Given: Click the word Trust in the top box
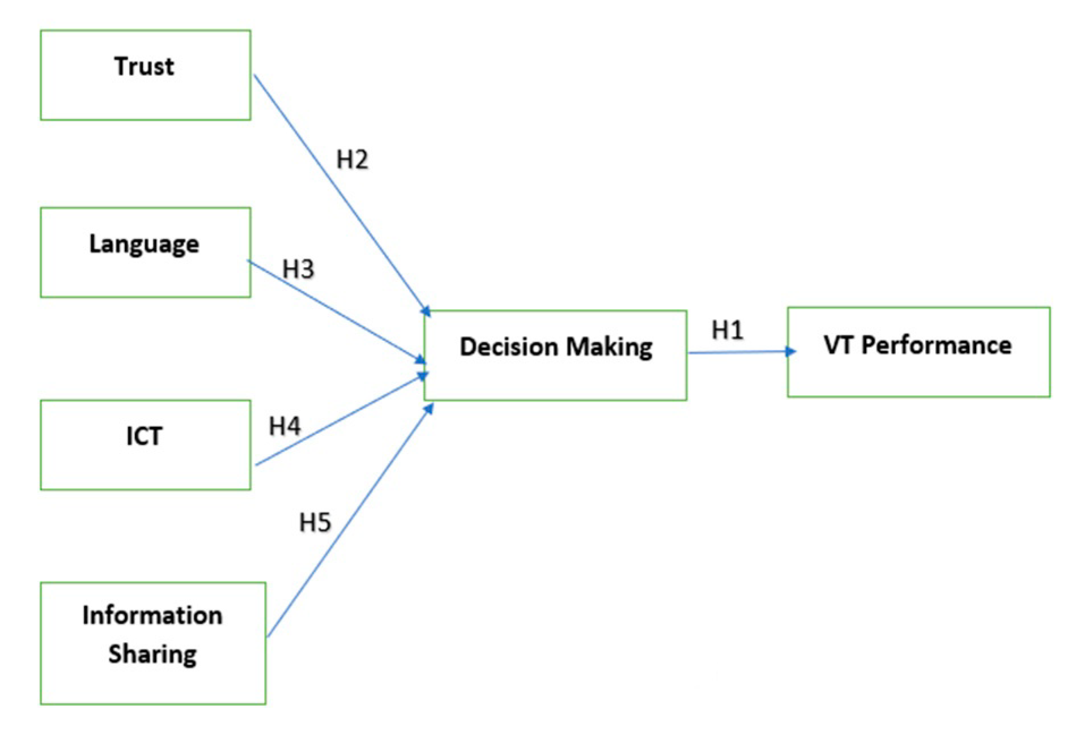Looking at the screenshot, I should click(x=144, y=66).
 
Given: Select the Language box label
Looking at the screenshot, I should click(x=144, y=245).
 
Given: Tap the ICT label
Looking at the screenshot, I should click(x=144, y=436).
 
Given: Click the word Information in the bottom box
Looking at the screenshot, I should click(x=152, y=615).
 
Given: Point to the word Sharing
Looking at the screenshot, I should click(x=152, y=654).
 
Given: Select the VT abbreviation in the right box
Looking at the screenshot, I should click(x=838, y=345).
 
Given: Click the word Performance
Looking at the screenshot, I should click(x=936, y=345).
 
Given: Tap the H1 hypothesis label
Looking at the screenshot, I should click(x=727, y=330).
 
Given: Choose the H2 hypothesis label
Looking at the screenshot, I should click(x=352, y=160).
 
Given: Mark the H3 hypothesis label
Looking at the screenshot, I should click(x=298, y=270).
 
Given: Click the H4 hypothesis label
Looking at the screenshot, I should click(x=284, y=426).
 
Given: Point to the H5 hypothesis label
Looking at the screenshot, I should click(x=314, y=523).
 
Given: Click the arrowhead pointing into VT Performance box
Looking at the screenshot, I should click(x=791, y=352).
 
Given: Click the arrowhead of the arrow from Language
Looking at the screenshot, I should click(x=421, y=360).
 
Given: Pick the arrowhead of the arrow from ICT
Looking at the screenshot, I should click(x=423, y=376).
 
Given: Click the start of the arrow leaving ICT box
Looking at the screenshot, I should click(x=257, y=464).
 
